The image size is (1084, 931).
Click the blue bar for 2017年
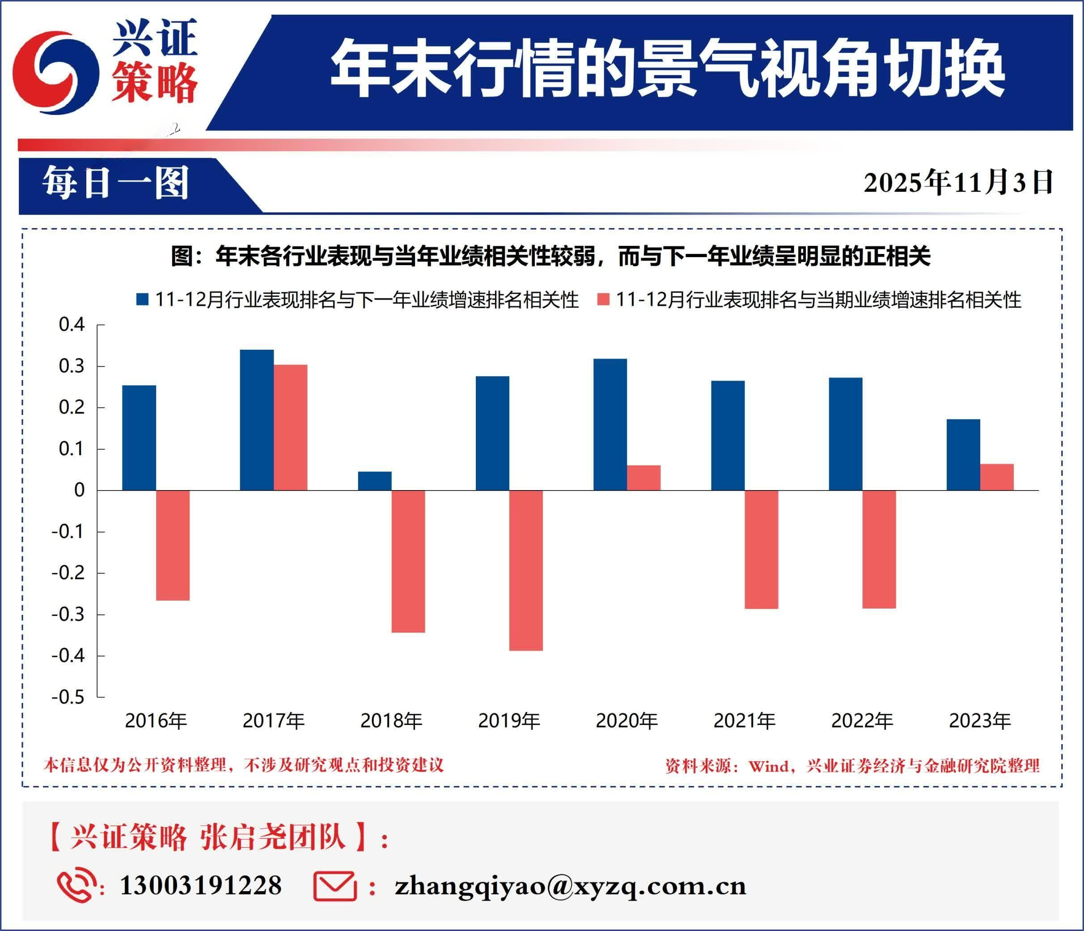coord(256,419)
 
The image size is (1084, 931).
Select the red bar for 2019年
coord(526,570)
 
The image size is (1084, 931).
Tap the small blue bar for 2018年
coord(375,481)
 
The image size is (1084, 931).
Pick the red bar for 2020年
coord(644,478)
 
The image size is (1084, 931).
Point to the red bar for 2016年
coord(173,545)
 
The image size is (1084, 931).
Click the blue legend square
coord(142,300)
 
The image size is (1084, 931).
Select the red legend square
coord(603,300)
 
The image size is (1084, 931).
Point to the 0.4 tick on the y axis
coord(72,325)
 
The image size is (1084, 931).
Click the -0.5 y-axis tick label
coord(68,697)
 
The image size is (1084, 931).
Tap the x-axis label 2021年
coord(745,721)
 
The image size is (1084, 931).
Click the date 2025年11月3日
coord(958,182)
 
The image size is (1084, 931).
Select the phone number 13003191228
coord(200,885)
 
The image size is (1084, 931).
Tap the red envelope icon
coord(335,885)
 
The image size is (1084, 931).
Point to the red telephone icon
coord(76,885)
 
